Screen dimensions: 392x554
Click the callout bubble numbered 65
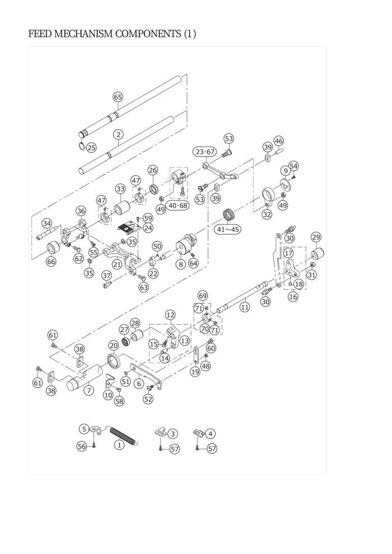pos(118,97)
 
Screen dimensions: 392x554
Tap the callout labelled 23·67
pos(205,152)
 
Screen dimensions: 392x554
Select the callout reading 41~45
pos(228,229)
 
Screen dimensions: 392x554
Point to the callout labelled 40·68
pos(178,205)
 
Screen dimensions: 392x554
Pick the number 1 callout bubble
pos(119,444)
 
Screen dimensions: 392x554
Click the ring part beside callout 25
pos(82,145)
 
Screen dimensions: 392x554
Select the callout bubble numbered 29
pos(316,237)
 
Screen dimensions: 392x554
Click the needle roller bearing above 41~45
pos(229,215)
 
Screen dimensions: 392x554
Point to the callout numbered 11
pos(245,307)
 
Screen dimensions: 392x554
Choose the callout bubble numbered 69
pos(203,295)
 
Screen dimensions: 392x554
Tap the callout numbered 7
pos(88,390)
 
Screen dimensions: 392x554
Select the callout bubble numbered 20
pos(113,345)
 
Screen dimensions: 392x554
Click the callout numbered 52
pos(148,399)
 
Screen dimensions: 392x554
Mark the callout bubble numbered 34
pos(46,223)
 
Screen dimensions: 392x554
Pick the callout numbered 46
pos(278,141)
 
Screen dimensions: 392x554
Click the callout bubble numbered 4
pos(211,434)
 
